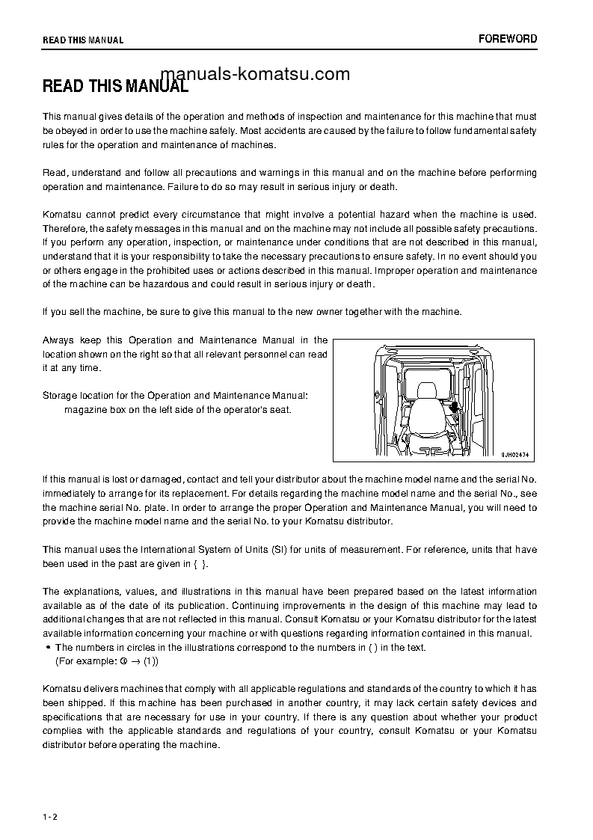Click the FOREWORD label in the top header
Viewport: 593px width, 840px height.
pyautogui.click(x=508, y=39)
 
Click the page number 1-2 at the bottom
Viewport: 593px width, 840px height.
pyautogui.click(x=49, y=815)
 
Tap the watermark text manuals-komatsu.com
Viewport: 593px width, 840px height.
pyautogui.click(x=255, y=73)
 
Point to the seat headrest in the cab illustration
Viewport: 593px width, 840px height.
pyautogui.click(x=426, y=391)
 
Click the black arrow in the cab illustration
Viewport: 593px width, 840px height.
pyautogui.click(x=454, y=408)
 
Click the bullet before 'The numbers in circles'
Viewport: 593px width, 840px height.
pyautogui.click(x=49, y=648)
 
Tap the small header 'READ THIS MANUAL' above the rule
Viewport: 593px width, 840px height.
pyautogui.click(x=83, y=40)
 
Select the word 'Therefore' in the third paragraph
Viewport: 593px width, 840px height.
pyautogui.click(x=66, y=228)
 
